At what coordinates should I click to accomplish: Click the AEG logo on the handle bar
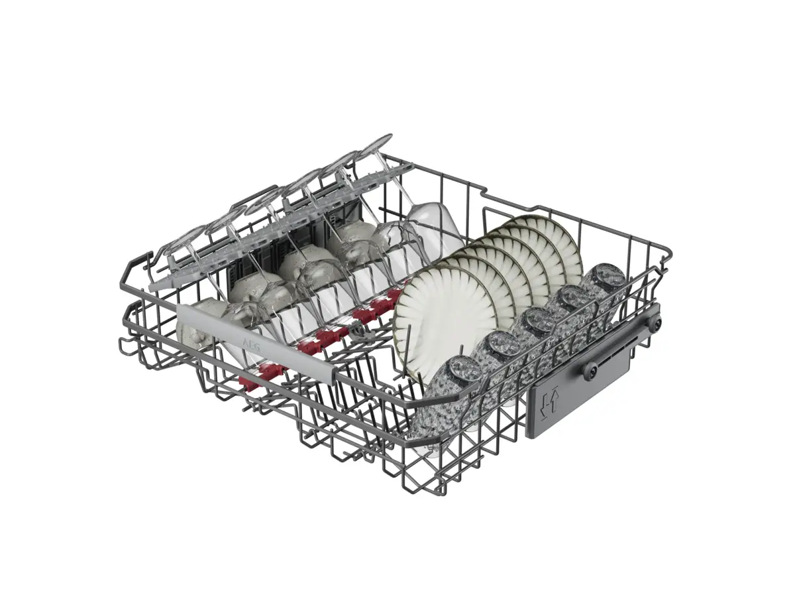point(250,344)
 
